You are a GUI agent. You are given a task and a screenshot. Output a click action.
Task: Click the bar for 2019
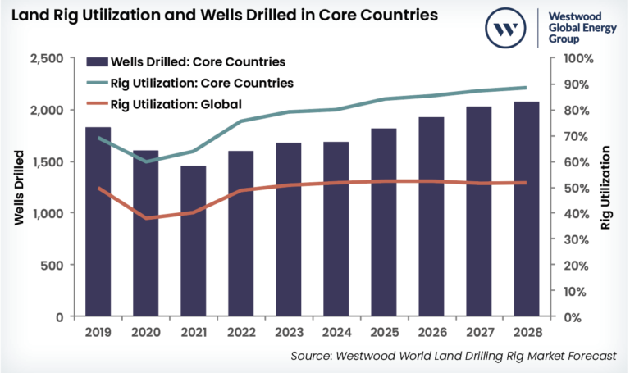pos(98,221)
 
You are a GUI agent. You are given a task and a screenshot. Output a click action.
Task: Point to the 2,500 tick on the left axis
pos(50,59)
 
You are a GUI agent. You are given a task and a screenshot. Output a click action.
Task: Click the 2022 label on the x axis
pos(240,333)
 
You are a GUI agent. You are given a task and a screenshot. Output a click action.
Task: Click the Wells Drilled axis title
pos(18,188)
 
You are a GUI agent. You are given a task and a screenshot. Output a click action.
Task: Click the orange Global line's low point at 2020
pos(146,218)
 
